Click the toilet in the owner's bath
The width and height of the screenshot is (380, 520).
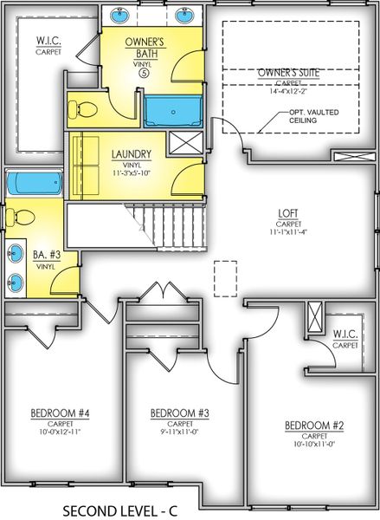coord(82,109)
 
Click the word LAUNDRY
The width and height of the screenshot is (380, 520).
coord(132,155)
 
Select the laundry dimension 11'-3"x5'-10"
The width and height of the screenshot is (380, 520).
coord(132,173)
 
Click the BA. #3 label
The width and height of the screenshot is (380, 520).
coord(45,256)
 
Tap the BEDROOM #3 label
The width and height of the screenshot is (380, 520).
coord(174,412)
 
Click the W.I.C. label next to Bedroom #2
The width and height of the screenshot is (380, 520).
coord(345,335)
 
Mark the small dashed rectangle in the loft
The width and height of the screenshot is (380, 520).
coord(225,279)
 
